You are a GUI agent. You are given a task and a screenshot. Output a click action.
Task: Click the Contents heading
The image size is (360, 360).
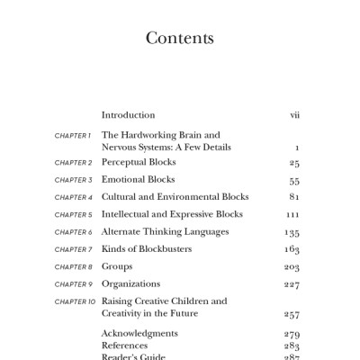pyautogui.click(x=179, y=39)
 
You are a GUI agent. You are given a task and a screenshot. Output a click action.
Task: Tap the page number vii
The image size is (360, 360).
pyautogui.click(x=294, y=115)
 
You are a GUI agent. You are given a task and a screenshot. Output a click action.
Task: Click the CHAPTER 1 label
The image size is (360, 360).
pyautogui.click(x=73, y=135)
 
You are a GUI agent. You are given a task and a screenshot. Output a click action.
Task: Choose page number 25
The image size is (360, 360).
pyautogui.click(x=294, y=164)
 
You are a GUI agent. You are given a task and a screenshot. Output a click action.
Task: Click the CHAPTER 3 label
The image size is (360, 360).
pyautogui.click(x=73, y=180)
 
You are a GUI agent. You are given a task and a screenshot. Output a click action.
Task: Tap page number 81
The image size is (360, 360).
pyautogui.click(x=294, y=198)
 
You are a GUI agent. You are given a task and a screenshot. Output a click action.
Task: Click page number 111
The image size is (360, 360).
pyautogui.click(x=292, y=216)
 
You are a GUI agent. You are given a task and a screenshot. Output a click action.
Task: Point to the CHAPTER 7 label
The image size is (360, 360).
pyautogui.click(x=73, y=249)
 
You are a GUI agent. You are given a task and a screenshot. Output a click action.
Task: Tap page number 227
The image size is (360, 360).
pyautogui.click(x=292, y=285)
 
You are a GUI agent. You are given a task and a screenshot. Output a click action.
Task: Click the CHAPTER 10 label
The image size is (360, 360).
pyautogui.click(x=75, y=301)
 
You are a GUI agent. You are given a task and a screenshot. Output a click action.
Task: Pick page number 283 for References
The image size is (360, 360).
pyautogui.click(x=292, y=346)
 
